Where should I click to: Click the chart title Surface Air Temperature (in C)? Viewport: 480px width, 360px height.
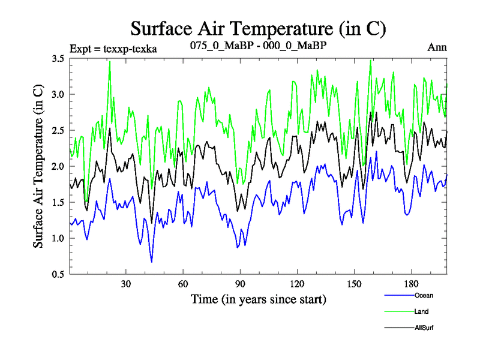258,28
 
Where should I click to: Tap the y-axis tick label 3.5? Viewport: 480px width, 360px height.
59,59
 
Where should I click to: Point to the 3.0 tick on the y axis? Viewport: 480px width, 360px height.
59,95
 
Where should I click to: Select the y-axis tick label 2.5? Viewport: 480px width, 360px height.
59,131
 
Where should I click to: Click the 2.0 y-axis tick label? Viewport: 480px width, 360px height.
59,167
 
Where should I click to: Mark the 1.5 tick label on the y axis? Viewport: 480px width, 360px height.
59,203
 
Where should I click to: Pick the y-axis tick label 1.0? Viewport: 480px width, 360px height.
59,239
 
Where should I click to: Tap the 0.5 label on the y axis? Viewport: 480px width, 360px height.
59,275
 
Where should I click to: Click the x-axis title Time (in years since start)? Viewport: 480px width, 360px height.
258,299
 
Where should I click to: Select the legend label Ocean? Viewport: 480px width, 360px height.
423,295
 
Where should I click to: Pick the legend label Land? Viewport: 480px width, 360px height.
421,311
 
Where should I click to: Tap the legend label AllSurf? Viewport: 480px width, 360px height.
424,328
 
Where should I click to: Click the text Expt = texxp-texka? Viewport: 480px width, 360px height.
113,49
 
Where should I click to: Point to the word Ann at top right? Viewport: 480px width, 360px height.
437,47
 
